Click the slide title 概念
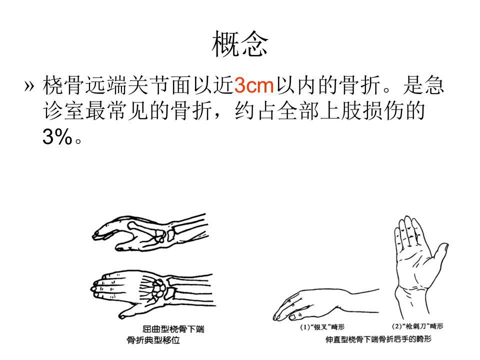(x=239, y=44)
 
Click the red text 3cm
(x=254, y=85)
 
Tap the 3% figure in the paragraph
(x=57, y=136)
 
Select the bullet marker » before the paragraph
(x=29, y=86)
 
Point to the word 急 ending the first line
(x=433, y=85)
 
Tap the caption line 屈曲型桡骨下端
(x=173, y=329)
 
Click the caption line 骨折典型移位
(x=153, y=340)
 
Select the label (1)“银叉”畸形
(x=322, y=327)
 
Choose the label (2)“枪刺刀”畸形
(x=417, y=326)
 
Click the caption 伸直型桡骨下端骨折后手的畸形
(x=378, y=339)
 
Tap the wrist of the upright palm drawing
(x=411, y=295)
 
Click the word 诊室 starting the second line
(x=63, y=111)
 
